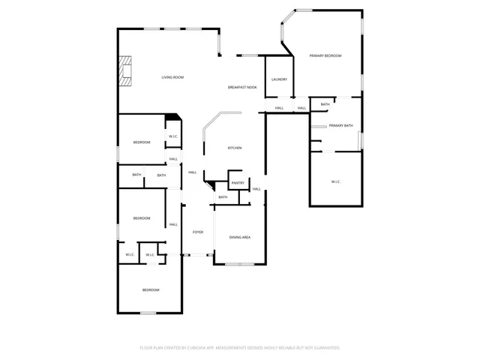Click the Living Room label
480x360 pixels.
pyautogui.click(x=172, y=77)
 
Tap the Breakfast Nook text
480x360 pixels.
pyautogui.click(x=242, y=88)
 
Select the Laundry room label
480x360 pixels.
pyautogui.click(x=279, y=79)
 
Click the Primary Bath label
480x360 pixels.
pyautogui.click(x=340, y=125)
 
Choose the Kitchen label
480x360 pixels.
pyautogui.click(x=235, y=148)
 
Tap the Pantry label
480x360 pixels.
pyautogui.click(x=238, y=183)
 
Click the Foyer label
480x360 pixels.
pyautogui.click(x=198, y=232)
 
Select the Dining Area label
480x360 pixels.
pyautogui.click(x=239, y=237)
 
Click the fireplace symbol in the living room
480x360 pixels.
pyautogui.click(x=124, y=72)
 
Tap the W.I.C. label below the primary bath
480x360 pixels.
pyautogui.click(x=336, y=182)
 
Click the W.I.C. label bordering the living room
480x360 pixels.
pyautogui.click(x=172, y=136)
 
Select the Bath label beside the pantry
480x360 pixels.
pyautogui.click(x=223, y=197)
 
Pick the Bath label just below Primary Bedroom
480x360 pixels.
pyautogui.click(x=325, y=104)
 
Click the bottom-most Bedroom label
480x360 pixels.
pyautogui.click(x=151, y=289)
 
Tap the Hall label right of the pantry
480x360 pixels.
pyautogui.click(x=256, y=189)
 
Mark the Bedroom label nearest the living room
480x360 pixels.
pyautogui.click(x=142, y=142)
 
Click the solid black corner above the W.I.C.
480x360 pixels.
pyautogui.click(x=173, y=116)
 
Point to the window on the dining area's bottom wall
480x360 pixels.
pyautogui.click(x=239, y=264)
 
